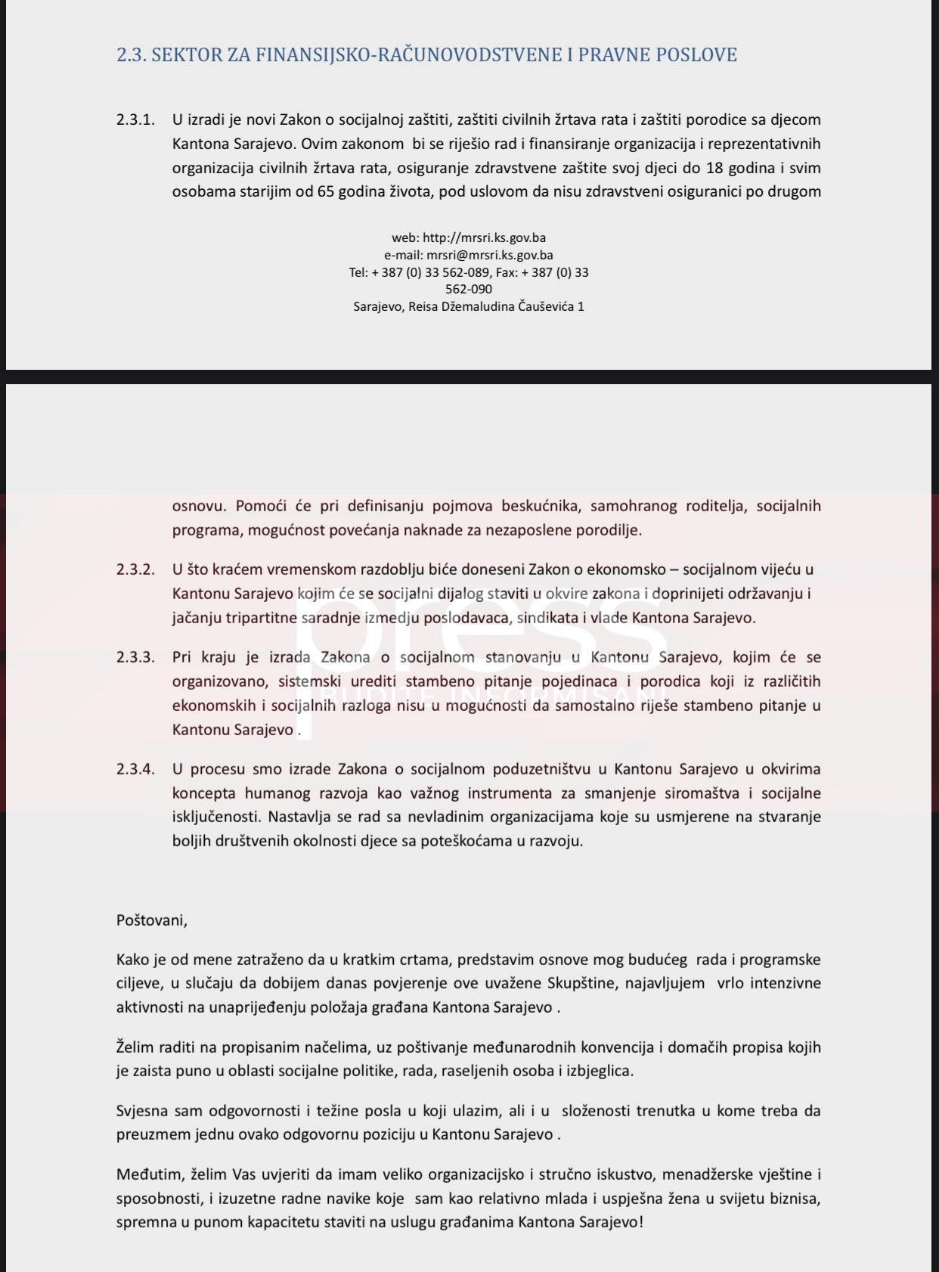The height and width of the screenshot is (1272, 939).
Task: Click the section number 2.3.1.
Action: click(x=135, y=119)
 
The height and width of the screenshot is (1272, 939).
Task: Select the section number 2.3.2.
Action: click(x=135, y=569)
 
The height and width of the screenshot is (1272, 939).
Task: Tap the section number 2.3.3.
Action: click(x=135, y=657)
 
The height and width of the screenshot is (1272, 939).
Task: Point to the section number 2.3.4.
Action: click(x=135, y=769)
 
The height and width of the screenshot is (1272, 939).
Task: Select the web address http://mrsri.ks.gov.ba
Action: click(x=484, y=238)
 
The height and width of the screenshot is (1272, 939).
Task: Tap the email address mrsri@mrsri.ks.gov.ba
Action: click(x=490, y=256)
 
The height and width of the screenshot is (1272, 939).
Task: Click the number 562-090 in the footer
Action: click(x=469, y=289)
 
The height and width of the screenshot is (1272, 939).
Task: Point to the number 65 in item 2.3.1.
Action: click(x=326, y=191)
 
